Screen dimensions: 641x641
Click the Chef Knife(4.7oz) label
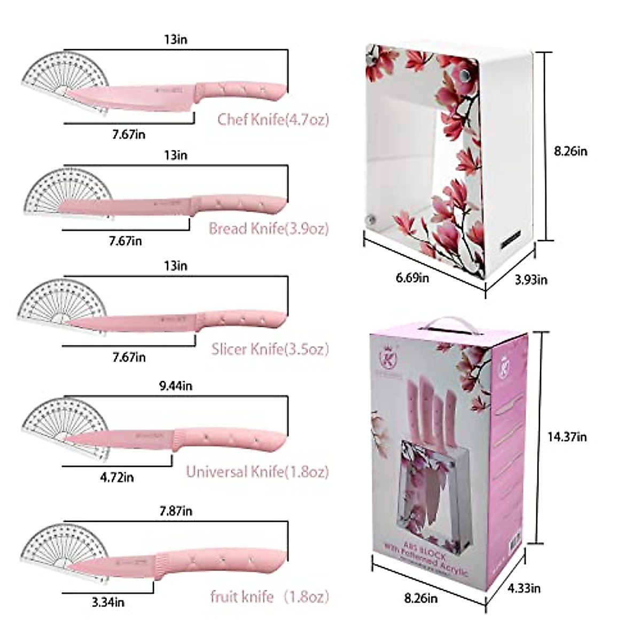tap(273, 119)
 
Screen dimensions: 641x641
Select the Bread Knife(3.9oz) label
tap(268, 229)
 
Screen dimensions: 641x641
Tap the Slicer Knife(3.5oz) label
tap(270, 349)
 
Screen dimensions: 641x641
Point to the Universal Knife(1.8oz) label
tap(257, 472)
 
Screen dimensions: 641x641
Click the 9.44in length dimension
tap(176, 386)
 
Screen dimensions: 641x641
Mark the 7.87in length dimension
tap(176, 511)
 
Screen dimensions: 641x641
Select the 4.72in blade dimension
tap(116, 477)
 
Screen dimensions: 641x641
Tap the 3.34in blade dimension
tap(108, 603)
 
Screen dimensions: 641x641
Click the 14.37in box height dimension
tap(567, 437)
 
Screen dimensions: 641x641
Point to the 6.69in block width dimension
tap(412, 277)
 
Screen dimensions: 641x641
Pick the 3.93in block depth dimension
tap(530, 279)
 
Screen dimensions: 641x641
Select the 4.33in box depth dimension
tap(523, 589)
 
